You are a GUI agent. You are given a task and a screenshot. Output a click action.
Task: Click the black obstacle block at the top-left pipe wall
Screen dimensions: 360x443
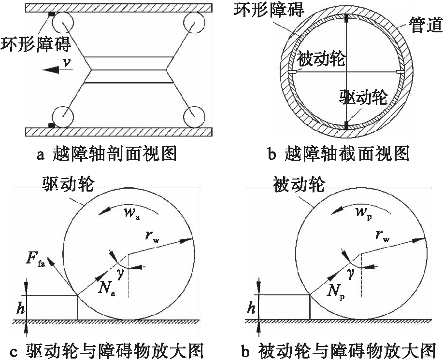pos(51,15)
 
